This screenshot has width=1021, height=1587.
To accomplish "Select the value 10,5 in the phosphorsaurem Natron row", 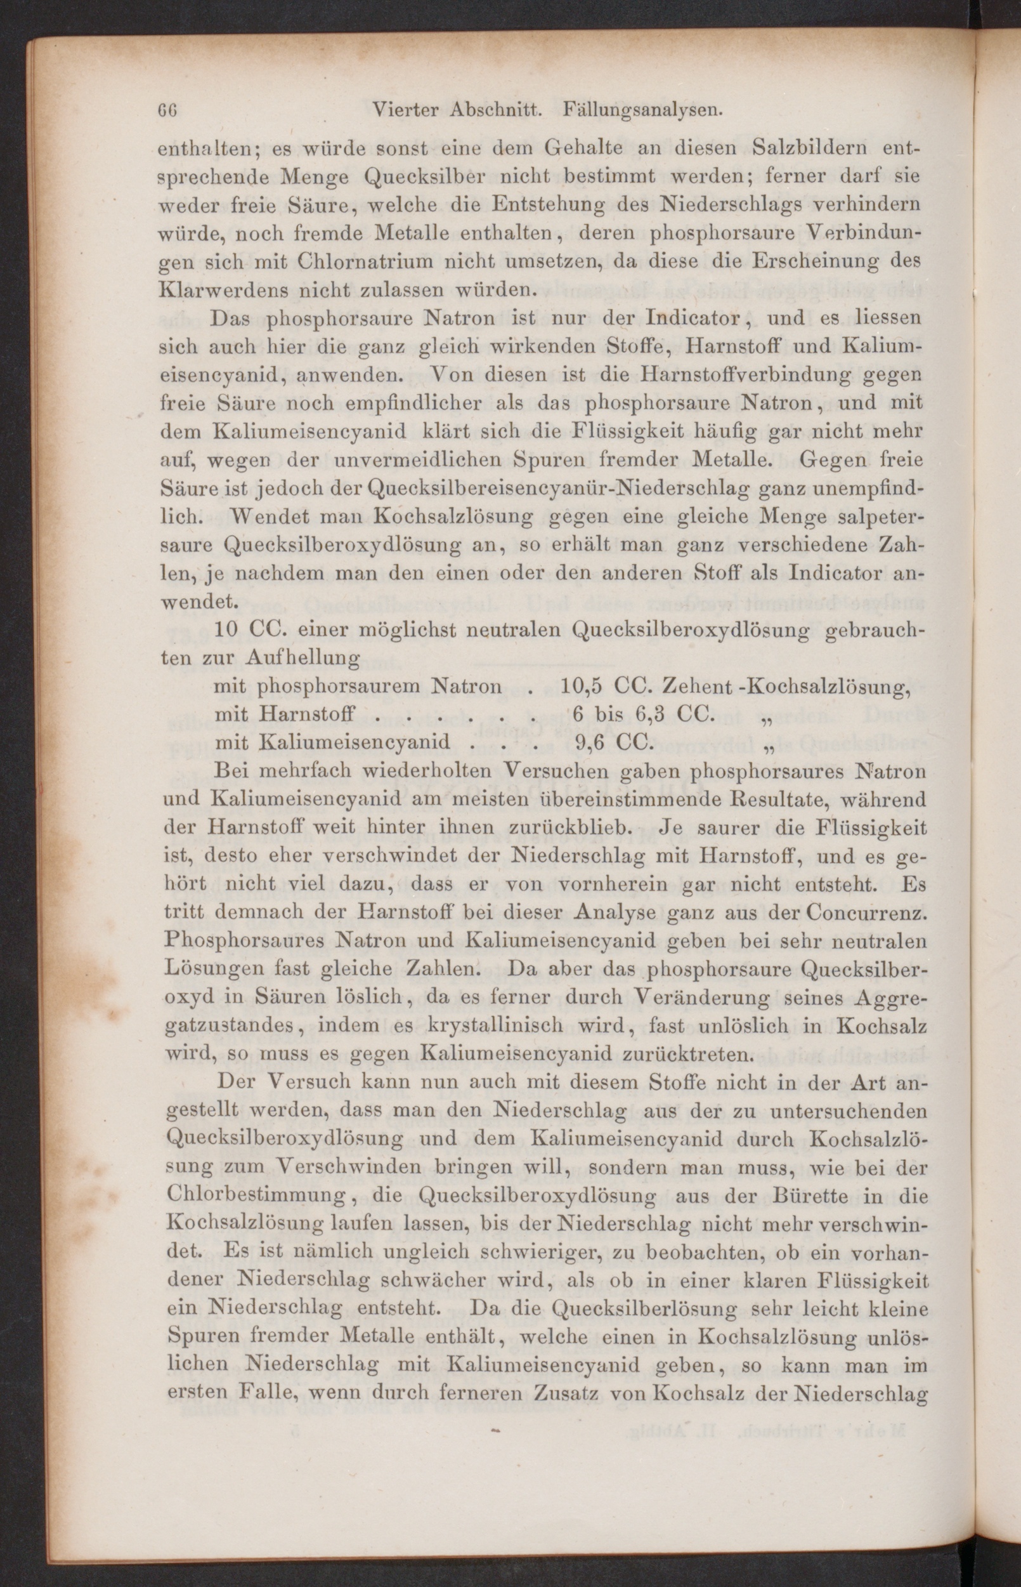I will [x=581, y=685].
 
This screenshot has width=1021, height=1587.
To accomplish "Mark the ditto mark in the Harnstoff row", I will [x=770, y=718].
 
